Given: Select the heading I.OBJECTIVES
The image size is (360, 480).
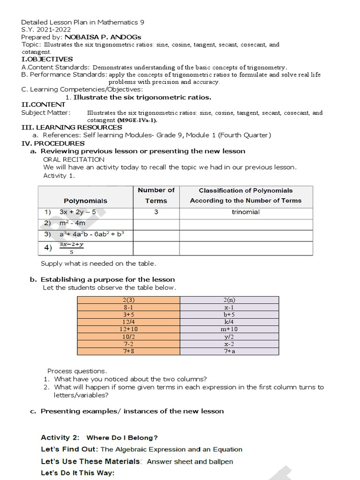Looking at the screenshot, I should click(47, 59).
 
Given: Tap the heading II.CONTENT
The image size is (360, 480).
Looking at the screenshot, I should click(44, 105).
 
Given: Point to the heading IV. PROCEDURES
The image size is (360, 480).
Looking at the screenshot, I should click(53, 143).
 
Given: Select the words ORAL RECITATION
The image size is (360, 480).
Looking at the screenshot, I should click(74, 159).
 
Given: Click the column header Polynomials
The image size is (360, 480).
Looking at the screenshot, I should click(85, 201).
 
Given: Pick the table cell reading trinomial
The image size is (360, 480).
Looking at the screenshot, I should click(246, 212).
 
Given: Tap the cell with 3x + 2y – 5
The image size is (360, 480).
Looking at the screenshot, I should click(77, 212).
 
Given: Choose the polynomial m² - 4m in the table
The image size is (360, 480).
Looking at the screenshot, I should click(72, 223).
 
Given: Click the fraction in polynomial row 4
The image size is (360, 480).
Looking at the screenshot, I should click(71, 247).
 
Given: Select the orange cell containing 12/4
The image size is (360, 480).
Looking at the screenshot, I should click(128, 322).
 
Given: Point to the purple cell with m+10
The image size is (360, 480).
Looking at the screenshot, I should click(229, 330).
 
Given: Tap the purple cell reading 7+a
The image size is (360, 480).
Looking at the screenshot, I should click(229, 351).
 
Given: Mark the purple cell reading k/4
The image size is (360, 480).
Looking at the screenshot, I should click(229, 322).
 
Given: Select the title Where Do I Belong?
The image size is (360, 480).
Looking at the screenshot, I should click(122, 438).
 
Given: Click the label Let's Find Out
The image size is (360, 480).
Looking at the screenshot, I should click(69, 449).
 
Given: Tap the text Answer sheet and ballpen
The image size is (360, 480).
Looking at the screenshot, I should click(190, 462).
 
